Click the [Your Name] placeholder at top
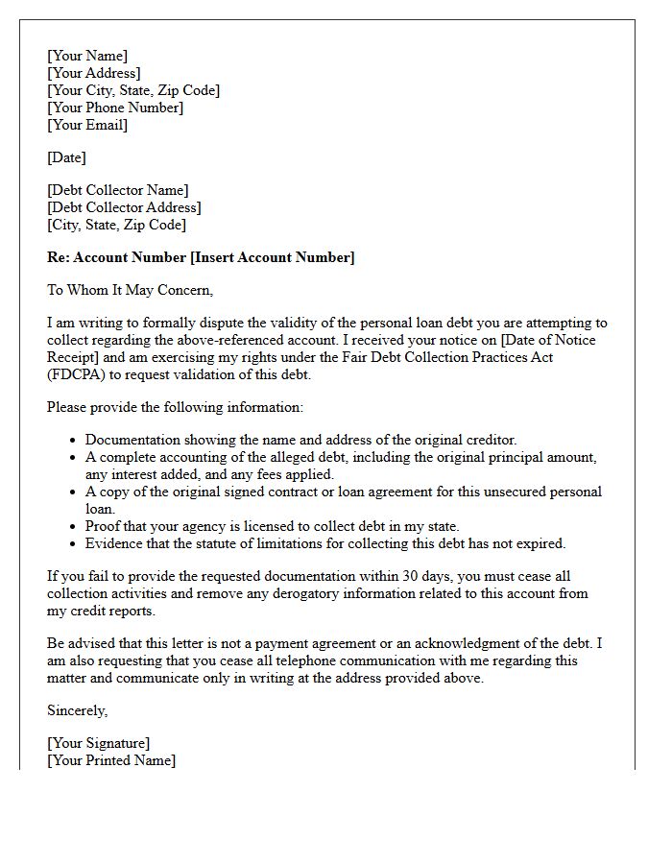87,56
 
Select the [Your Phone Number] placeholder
115,108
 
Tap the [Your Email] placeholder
87,125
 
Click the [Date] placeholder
66,157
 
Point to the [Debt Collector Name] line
118,190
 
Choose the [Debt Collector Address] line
124,207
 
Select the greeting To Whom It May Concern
130,290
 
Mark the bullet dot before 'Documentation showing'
74,441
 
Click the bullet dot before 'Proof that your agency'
74,527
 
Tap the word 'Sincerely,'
78,710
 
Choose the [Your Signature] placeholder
99,743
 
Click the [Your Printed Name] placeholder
111,760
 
